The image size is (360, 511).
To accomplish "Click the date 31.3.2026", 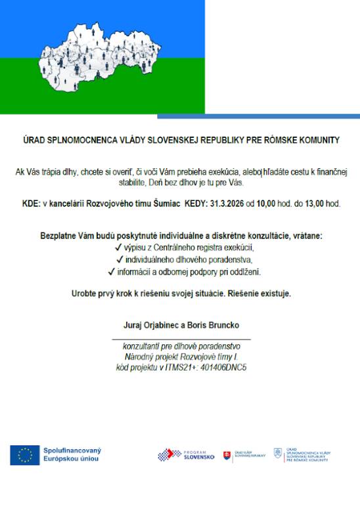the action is [228, 205].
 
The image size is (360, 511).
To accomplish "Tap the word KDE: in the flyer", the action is [32, 205].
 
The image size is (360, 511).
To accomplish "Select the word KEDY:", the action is [199, 205].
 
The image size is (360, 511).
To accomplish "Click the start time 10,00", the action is [265, 205].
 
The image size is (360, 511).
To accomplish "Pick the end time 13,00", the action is [312, 205].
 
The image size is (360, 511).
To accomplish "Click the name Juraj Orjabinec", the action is [148, 325].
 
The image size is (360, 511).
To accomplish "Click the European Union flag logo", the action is [24, 455].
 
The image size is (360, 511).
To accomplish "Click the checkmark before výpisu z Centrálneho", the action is [118, 248].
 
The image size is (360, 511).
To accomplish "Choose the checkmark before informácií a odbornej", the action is [111, 272].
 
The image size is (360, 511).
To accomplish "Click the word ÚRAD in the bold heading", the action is [34, 141].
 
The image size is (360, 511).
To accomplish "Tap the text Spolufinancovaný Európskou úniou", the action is [72, 455].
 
